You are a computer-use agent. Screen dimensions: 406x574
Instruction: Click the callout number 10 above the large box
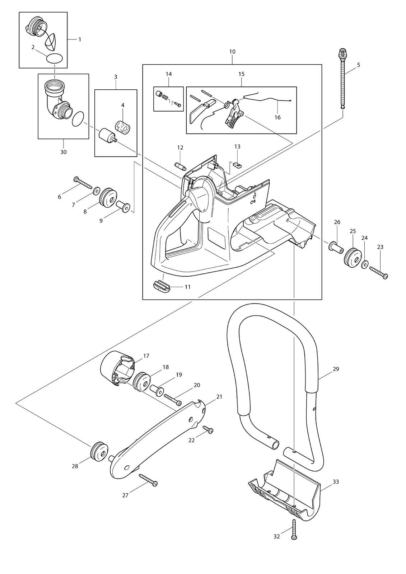(232, 52)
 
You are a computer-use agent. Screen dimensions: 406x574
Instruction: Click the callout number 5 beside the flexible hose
(358, 65)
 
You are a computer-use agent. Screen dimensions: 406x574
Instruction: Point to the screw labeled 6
(83, 182)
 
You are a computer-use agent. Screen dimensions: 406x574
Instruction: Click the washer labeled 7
(97, 190)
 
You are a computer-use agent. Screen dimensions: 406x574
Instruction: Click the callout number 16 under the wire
(277, 117)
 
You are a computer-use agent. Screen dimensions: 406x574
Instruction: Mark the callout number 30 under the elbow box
(63, 152)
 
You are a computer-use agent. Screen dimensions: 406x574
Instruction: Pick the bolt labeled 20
(173, 399)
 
